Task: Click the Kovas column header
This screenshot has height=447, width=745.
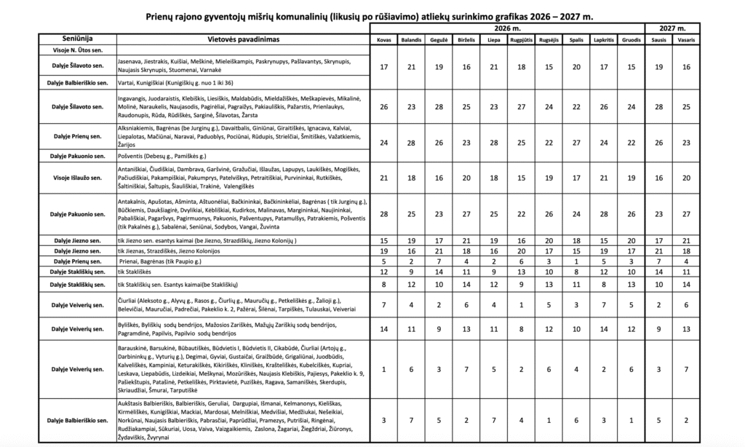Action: click(x=383, y=40)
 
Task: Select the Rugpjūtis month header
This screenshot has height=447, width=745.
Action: click(x=522, y=40)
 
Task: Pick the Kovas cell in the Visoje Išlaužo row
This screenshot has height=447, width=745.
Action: click(x=383, y=177)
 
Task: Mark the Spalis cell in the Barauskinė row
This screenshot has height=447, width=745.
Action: click(x=575, y=369)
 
